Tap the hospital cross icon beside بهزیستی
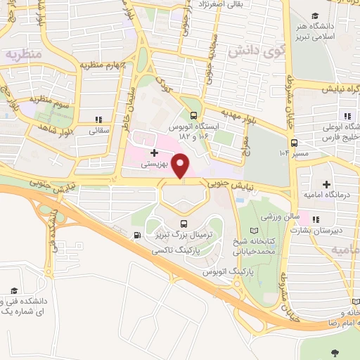tap(154, 152)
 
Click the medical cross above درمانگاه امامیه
tap(326, 184)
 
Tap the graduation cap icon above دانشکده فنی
tap(13, 290)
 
